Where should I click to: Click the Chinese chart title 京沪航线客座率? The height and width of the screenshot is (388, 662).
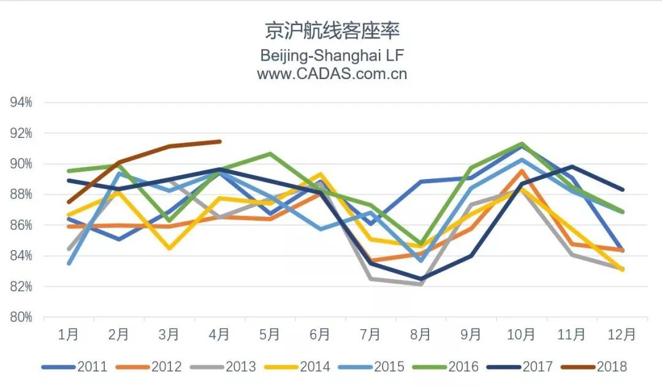331,30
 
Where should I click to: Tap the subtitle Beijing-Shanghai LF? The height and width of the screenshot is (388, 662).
332,55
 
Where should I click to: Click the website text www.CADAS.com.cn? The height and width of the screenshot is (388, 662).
332,74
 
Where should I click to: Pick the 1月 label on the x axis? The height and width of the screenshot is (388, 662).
68,335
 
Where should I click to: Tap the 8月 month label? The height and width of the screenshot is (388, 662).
421,335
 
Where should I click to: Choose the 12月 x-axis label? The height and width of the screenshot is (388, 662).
622,335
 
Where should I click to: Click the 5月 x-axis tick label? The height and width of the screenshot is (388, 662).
270,335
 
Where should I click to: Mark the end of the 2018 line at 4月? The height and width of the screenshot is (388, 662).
219,142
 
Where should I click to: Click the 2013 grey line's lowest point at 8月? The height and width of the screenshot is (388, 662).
421,284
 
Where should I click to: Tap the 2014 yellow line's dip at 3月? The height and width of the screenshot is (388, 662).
169,248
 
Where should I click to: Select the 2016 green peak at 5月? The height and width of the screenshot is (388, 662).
270,154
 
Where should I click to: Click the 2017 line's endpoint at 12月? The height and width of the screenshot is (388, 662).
622,189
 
